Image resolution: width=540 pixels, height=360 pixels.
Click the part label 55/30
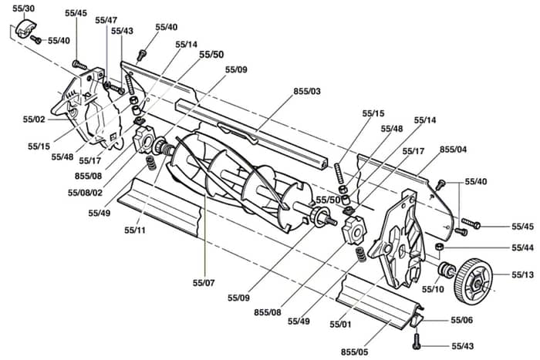tap(23, 8)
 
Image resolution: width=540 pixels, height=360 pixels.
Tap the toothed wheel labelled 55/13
tap(474, 281)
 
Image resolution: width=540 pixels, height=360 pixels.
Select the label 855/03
tap(307, 91)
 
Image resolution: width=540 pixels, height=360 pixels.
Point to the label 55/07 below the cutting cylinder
tap(204, 283)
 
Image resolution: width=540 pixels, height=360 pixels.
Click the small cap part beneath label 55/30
tap(25, 28)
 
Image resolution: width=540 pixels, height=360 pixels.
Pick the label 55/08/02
tap(85, 193)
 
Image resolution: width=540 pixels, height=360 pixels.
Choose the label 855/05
tap(354, 352)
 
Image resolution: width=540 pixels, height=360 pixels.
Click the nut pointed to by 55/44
tap(439, 247)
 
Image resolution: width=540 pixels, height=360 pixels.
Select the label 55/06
tap(462, 320)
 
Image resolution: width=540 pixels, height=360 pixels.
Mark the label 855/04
tap(454, 150)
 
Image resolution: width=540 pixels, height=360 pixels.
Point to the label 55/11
tap(135, 230)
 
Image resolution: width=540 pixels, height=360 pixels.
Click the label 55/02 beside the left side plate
tap(34, 119)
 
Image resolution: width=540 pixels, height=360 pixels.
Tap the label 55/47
tap(106, 20)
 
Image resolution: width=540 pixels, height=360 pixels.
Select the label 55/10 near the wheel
tap(433, 289)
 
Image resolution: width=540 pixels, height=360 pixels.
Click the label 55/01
tap(341, 325)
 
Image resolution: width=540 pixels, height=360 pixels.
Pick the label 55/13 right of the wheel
tap(522, 274)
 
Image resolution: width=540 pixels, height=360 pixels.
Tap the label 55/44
tap(522, 247)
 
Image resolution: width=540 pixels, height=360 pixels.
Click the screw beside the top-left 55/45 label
tap(79, 64)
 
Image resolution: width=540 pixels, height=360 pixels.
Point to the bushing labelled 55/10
tap(446, 269)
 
